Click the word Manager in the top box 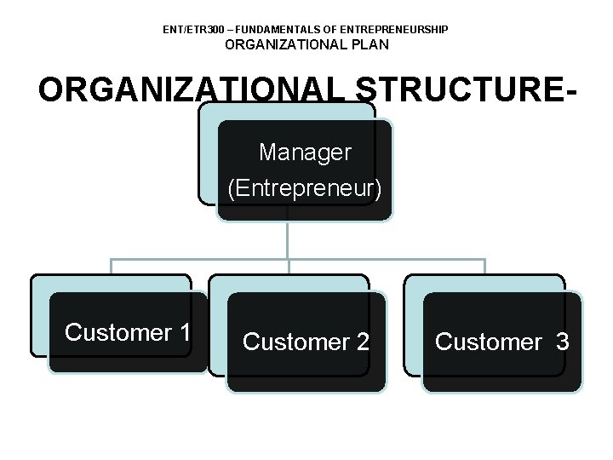tap(305, 153)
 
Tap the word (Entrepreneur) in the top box tap(305, 188)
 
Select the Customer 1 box tap(128, 333)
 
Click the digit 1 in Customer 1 tap(184, 333)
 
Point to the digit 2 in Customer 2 tap(363, 342)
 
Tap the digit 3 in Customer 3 tap(562, 342)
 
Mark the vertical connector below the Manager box tap(289, 240)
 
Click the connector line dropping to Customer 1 tap(112, 267)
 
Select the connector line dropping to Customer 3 tap(484, 267)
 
